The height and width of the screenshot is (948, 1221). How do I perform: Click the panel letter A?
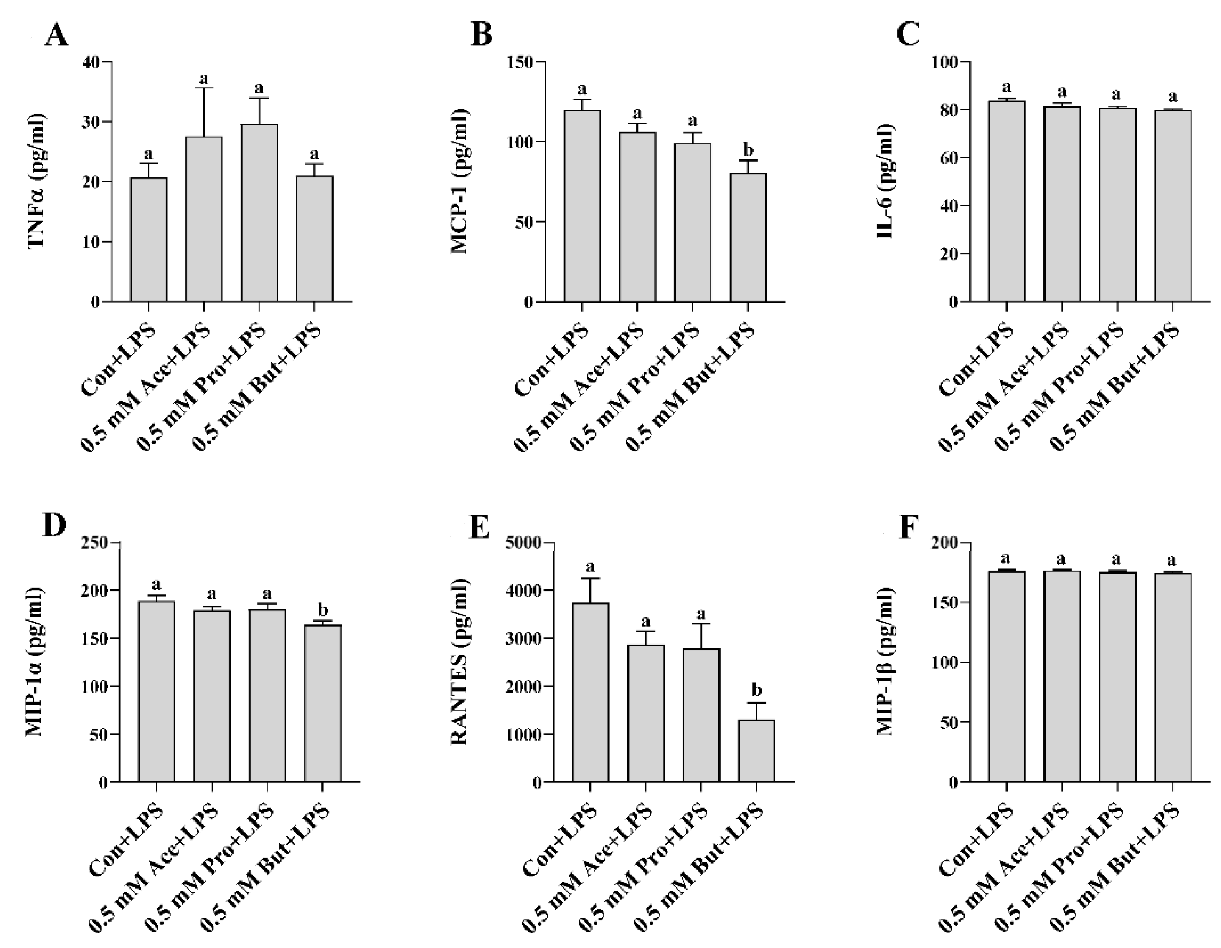56,36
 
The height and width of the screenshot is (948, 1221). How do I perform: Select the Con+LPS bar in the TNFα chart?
149,240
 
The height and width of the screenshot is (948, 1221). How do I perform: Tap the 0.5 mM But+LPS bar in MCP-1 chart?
748,238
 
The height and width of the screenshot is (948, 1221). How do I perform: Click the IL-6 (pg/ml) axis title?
885,182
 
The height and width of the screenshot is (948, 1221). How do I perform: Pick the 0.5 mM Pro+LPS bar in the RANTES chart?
701,715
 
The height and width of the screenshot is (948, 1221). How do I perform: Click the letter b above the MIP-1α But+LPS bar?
322,609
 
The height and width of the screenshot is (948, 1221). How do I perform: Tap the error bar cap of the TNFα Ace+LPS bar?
204,88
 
